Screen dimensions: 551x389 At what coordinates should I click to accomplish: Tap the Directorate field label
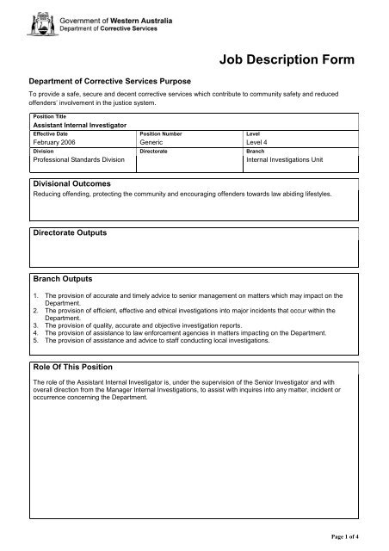tap(156, 151)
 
